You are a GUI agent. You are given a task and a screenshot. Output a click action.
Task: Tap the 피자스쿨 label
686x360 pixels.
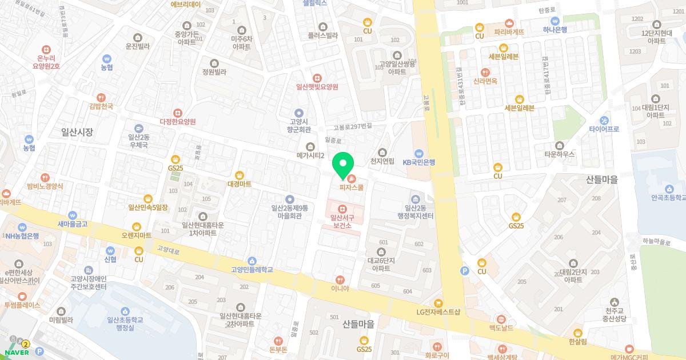[352, 187]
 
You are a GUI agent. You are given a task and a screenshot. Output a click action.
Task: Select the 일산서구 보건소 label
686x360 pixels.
[342, 221]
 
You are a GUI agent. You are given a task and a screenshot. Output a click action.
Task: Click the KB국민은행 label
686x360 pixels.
[419, 162]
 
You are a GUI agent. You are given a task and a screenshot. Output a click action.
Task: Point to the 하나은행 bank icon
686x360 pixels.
[555, 21]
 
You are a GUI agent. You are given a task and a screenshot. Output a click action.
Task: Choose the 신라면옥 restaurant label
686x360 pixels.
[485, 81]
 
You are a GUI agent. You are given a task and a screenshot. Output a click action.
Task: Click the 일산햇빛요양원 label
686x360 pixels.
[317, 87]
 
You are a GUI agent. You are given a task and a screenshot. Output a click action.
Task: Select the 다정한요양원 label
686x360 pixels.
[178, 122]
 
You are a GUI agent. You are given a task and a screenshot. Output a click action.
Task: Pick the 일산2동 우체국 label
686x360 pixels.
[138, 141]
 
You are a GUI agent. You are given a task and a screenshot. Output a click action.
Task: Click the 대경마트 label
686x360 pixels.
[239, 184]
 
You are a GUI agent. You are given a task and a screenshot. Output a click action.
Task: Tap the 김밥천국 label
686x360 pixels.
[101, 106]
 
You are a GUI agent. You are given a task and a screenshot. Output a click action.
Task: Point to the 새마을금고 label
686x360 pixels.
[72, 224]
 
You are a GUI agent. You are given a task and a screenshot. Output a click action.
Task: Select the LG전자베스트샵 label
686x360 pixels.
[438, 312]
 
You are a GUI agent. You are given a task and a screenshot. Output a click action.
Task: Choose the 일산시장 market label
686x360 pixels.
[77, 131]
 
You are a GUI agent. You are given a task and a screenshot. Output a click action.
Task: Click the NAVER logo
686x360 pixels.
[17, 352]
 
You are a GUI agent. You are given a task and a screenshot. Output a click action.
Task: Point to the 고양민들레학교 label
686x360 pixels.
[252, 269]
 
